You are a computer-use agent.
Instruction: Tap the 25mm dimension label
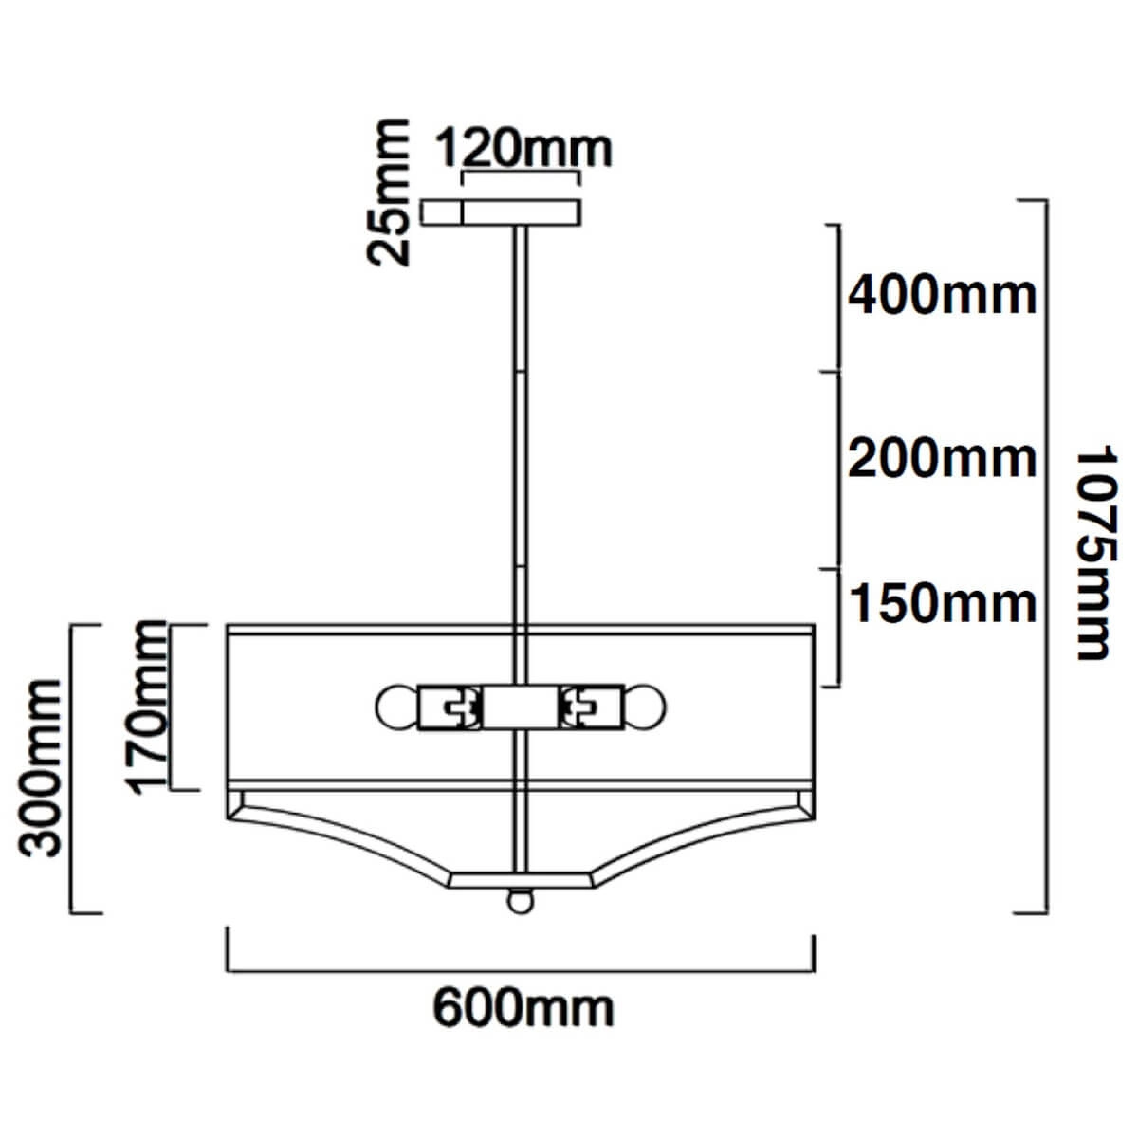(x=388, y=193)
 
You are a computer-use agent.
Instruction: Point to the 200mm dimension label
(x=942, y=459)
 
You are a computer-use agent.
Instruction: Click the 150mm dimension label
(x=943, y=603)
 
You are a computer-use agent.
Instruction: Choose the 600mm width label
(x=523, y=1010)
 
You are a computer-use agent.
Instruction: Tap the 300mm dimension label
(x=40, y=768)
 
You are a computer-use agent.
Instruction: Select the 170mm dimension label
(x=146, y=707)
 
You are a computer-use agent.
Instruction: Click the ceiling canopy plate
(x=501, y=212)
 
